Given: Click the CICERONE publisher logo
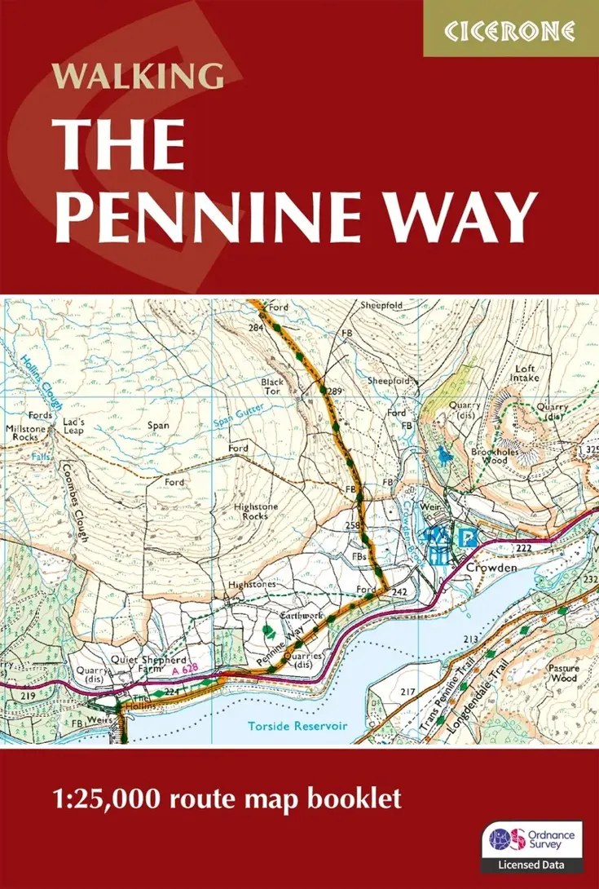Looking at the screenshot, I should (x=510, y=30).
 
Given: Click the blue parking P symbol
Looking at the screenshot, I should (x=466, y=539).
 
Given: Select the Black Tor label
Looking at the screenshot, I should (x=271, y=386).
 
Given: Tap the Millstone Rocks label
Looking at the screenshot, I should (x=28, y=432).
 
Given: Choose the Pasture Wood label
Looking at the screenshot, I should (x=564, y=673).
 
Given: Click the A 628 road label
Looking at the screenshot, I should (x=185, y=670).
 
